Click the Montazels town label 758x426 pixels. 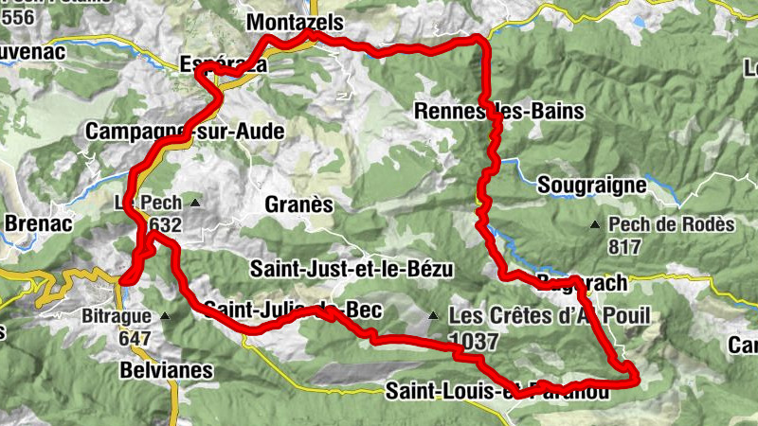(294, 22)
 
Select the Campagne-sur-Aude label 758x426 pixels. (184, 133)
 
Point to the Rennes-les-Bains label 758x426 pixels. (499, 112)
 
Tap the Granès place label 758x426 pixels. (299, 204)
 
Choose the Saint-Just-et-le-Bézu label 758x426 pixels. (352, 270)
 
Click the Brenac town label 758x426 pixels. (33, 224)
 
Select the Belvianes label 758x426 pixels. (167, 370)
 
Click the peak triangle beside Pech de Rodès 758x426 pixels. (594, 224)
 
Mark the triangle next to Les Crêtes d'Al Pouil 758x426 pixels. (433, 315)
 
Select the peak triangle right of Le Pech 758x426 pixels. (194, 203)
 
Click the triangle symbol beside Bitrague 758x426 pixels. (166, 316)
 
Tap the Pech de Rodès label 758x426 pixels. (673, 224)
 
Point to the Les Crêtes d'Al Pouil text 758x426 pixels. (550, 315)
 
